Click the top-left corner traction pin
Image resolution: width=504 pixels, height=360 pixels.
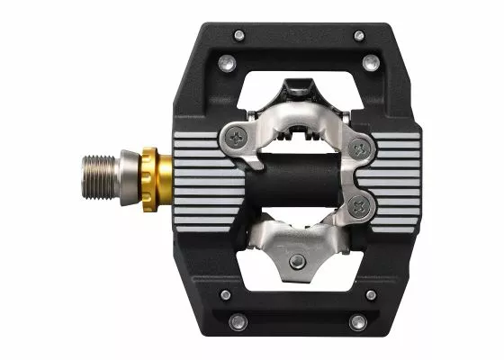(238, 35)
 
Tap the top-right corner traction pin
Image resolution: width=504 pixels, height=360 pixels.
(358, 35)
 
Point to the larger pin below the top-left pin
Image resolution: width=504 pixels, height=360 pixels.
(226, 62)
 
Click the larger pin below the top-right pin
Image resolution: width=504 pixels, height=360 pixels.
(371, 62)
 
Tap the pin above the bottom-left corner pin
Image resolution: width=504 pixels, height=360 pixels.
(225, 294)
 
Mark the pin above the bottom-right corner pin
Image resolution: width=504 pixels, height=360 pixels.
(371, 294)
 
